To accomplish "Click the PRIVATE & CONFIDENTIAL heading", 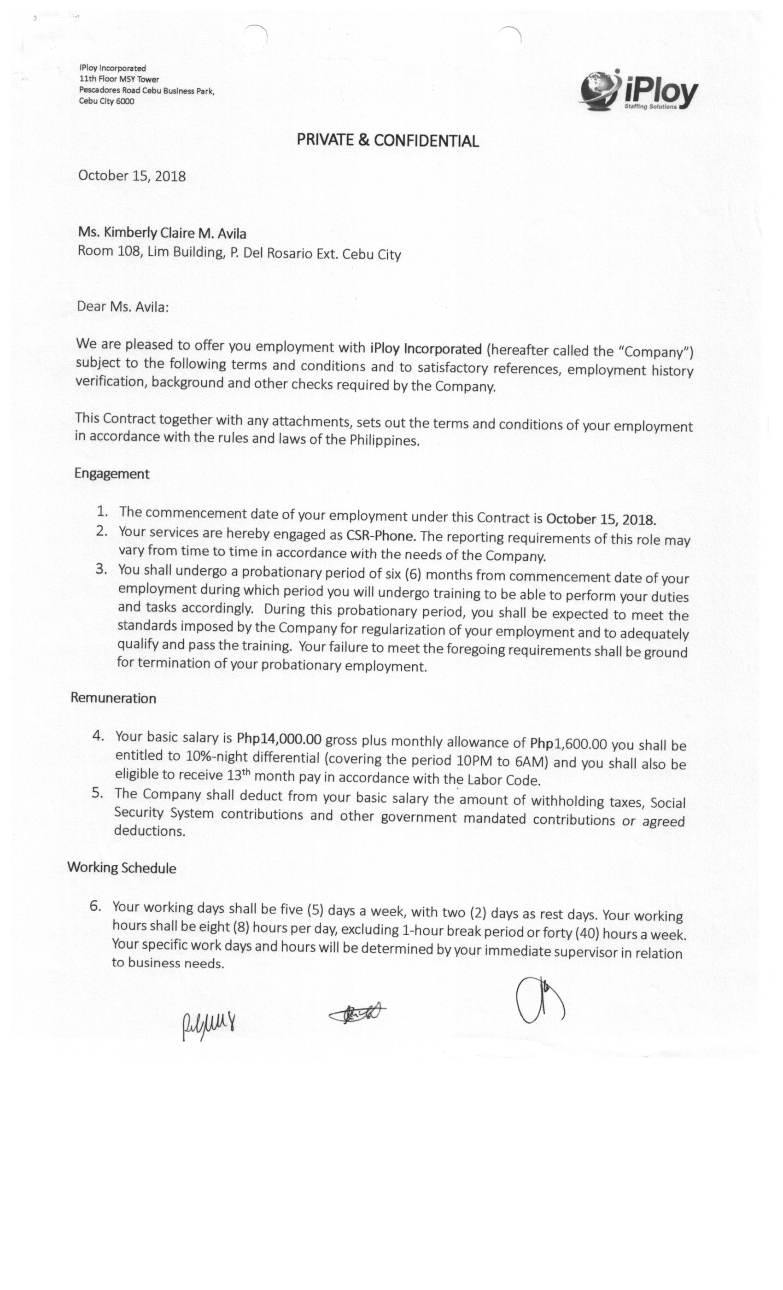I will click(x=387, y=141).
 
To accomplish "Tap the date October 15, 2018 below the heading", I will click(x=132, y=176).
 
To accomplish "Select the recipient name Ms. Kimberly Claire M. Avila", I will click(x=162, y=233).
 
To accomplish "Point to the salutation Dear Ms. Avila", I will click(x=123, y=306).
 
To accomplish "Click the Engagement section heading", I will click(x=111, y=473).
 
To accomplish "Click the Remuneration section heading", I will click(x=113, y=698).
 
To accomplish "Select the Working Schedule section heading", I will click(x=122, y=868).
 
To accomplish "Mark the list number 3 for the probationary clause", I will click(x=101, y=569).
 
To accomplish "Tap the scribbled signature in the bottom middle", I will click(x=357, y=1014).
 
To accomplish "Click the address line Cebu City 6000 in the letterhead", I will click(x=106, y=101).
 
